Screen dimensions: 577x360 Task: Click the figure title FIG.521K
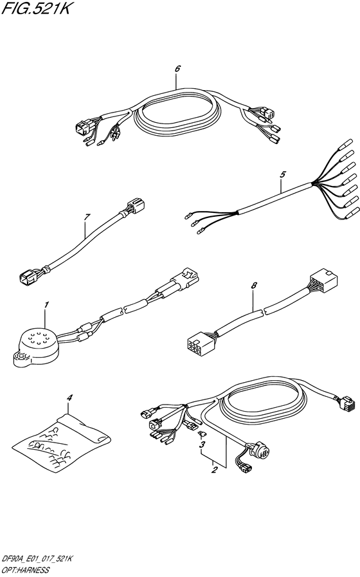coord(37,10)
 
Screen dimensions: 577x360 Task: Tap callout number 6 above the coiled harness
coord(177,68)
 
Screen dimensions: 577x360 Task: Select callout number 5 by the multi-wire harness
coord(281,174)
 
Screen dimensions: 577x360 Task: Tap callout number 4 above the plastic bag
coord(69,399)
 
